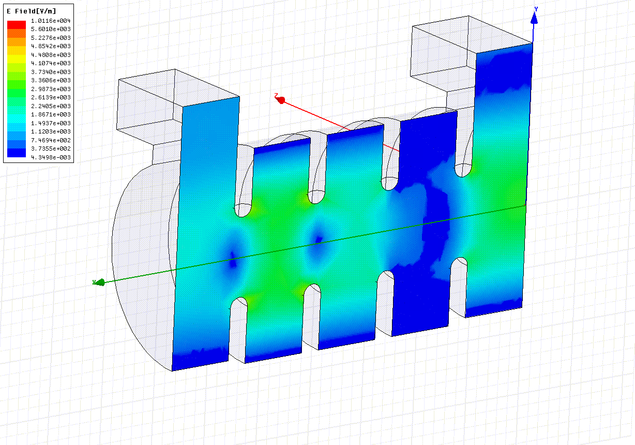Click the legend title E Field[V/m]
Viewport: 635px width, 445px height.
[32, 11]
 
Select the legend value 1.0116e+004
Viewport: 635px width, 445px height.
[51, 21]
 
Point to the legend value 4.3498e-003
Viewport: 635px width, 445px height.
[51, 157]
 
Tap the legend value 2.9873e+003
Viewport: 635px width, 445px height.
[51, 89]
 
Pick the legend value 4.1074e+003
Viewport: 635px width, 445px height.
[51, 63]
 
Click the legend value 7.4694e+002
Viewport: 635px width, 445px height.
[51, 140]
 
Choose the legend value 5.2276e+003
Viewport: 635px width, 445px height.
[51, 38]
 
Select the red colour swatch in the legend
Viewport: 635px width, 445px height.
[17, 25]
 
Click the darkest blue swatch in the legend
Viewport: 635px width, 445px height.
[17, 153]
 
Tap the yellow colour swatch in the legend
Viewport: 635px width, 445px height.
[17, 59]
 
